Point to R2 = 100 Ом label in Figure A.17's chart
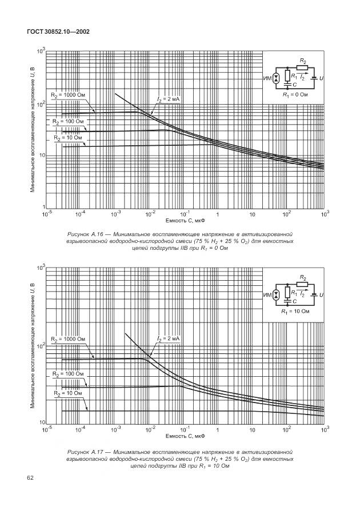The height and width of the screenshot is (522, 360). coord(67,374)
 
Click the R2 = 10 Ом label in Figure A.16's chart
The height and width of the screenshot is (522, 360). coord(68,138)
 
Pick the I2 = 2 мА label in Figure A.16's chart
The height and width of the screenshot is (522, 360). coord(168,99)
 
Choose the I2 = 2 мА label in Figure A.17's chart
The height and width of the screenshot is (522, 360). coord(168,339)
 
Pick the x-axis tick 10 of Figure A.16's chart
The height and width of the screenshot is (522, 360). coord(252,214)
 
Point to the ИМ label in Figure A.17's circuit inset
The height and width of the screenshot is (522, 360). coord(267,295)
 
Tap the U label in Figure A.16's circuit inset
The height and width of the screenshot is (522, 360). coord(321,77)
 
